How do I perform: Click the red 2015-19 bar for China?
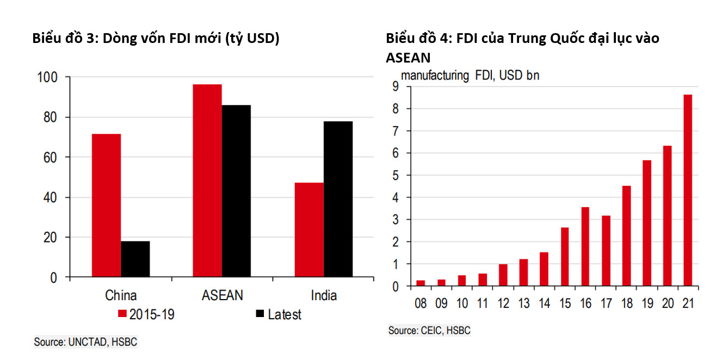click(106, 206)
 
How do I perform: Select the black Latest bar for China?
click(135, 259)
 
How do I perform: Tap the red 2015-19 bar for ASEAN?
click(207, 181)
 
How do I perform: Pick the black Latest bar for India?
click(338, 199)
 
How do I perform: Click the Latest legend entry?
click(278, 314)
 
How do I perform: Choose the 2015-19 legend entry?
click(146, 314)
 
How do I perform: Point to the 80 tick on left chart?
click(50, 117)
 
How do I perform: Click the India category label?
click(324, 295)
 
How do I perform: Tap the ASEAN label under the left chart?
click(222, 295)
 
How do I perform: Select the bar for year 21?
click(688, 190)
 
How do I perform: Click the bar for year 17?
click(606, 251)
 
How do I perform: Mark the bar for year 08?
click(421, 283)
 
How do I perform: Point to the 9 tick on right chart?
click(394, 87)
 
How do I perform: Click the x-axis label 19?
click(647, 303)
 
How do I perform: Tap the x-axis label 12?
click(503, 303)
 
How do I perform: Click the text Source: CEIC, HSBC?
click(429, 330)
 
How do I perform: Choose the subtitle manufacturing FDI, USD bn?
click(470, 76)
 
